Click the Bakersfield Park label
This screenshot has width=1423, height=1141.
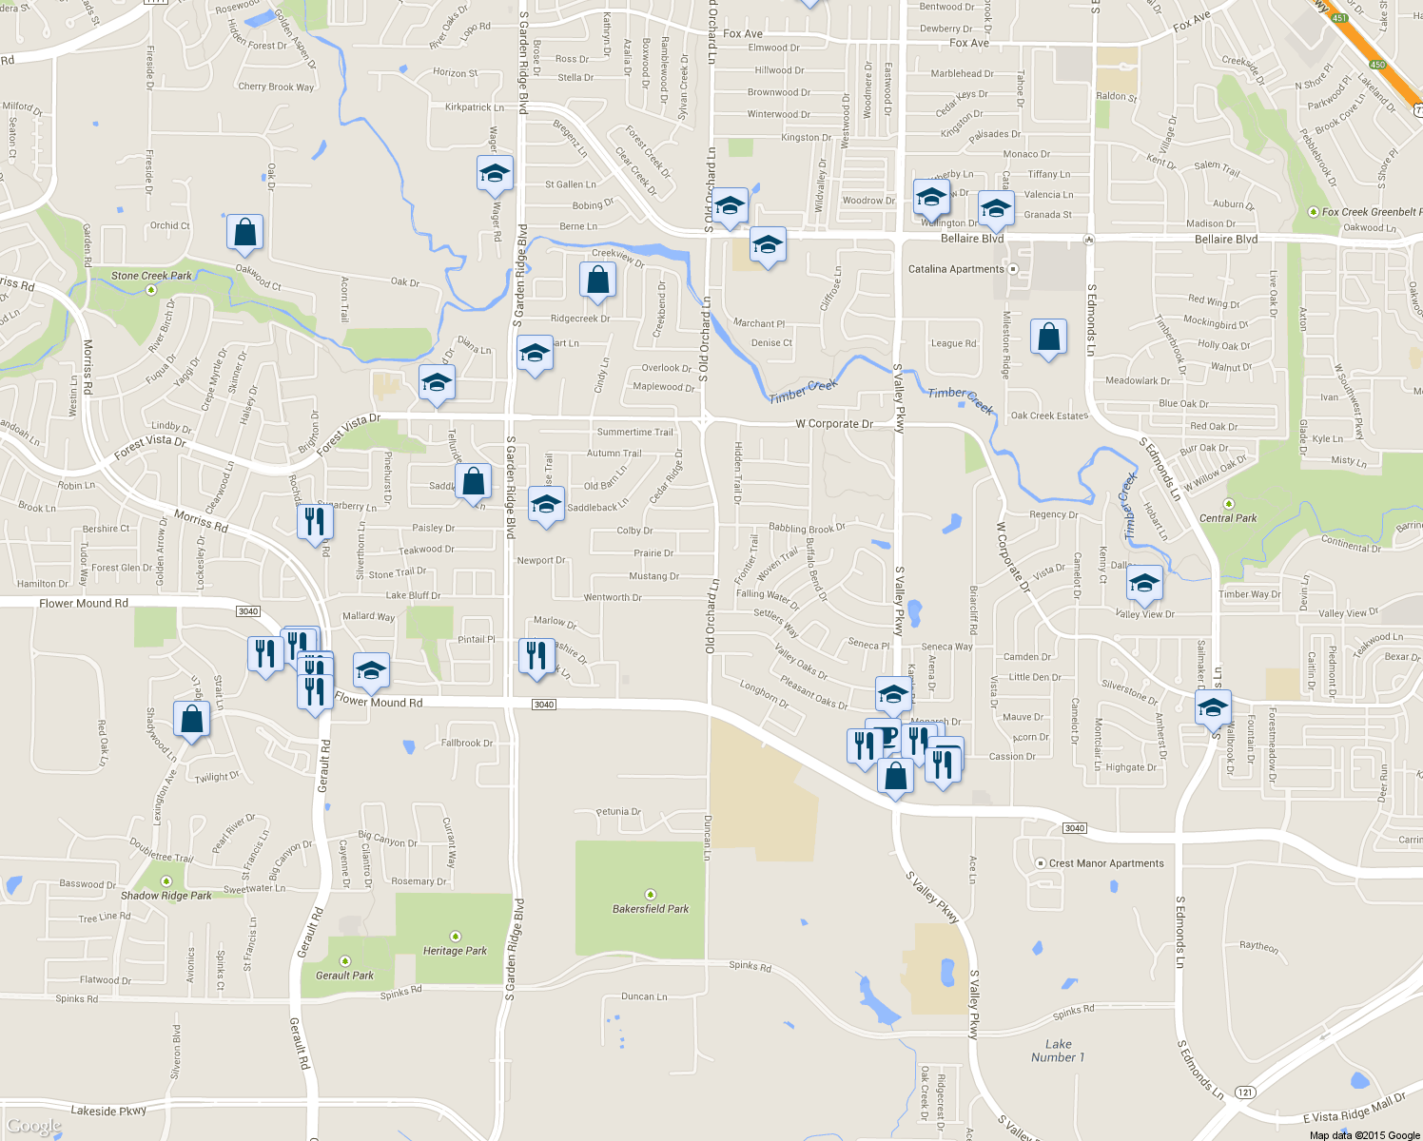tap(651, 909)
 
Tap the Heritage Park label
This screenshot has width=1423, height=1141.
tap(455, 951)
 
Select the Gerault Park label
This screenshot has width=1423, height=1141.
tap(344, 976)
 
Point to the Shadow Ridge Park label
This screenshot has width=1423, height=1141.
tap(166, 896)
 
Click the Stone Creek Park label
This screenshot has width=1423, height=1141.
tap(151, 276)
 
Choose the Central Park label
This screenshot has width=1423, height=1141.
tap(1228, 518)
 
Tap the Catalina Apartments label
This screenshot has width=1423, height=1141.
tap(956, 269)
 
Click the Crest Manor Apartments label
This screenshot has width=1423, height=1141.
tap(1106, 863)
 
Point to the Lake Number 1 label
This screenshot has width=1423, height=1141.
tap(1058, 1051)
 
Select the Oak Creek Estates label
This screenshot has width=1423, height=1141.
tap(1049, 416)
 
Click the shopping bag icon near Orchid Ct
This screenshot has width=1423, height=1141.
tap(244, 232)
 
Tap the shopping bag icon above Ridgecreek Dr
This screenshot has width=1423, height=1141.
tap(597, 280)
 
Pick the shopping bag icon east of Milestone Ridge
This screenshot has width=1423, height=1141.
tap(1048, 337)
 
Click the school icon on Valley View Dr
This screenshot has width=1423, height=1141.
tap(1144, 583)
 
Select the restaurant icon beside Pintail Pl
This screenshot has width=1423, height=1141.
tap(536, 656)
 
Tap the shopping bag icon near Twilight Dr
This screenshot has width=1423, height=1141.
tap(191, 720)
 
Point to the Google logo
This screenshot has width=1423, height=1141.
tap(33, 1127)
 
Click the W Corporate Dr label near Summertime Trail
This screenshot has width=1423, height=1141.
tap(834, 424)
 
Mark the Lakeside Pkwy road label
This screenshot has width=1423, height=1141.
tap(108, 1111)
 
